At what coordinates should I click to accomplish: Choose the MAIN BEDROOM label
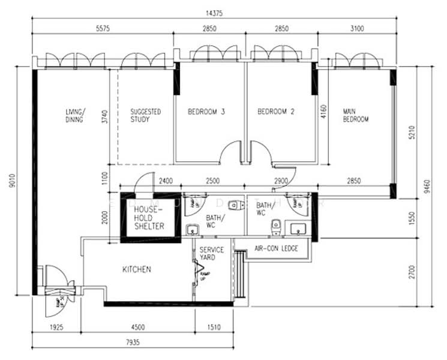[x=355, y=115]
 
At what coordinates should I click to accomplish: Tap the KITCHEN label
[x=137, y=270]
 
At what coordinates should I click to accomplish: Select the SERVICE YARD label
[x=212, y=254]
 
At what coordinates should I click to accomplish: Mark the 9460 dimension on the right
[x=427, y=184]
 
